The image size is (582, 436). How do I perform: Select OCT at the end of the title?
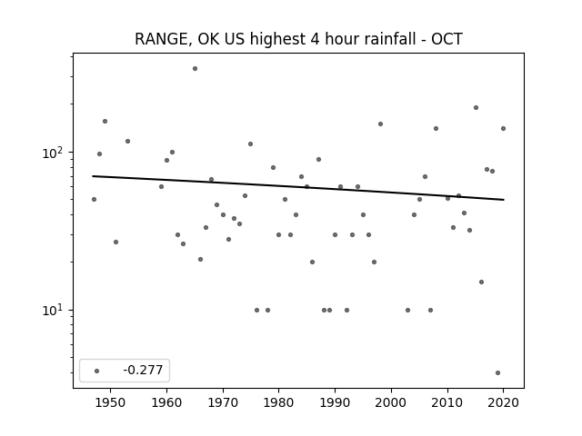447,39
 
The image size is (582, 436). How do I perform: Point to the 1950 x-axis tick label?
110,403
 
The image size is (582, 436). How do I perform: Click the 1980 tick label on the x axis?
279,403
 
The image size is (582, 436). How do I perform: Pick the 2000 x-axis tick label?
391,403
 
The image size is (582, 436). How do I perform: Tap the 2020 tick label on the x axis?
503,403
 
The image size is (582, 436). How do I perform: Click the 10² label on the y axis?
55,153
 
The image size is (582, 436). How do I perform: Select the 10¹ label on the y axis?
55,311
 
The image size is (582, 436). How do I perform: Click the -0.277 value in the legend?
143,370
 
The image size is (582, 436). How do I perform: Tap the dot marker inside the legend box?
97,371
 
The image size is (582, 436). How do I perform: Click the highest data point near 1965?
195,69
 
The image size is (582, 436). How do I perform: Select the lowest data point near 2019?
497,373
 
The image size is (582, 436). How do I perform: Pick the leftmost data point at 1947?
94,200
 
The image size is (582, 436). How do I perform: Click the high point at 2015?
476,108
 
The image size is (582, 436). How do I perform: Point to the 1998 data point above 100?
380,124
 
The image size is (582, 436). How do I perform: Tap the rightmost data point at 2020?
503,129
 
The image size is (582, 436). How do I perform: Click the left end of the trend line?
93,176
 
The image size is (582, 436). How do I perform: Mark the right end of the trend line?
504,200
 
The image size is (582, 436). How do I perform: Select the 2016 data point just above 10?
481,282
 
